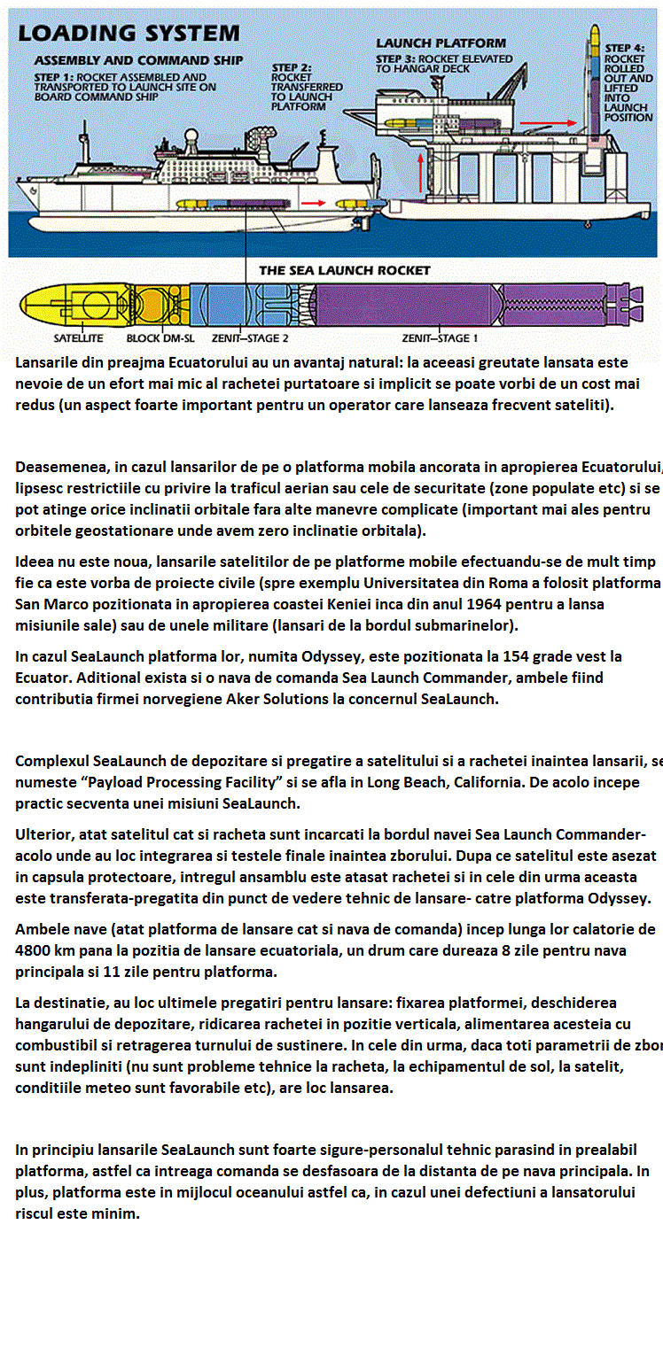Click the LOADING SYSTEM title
click(129, 34)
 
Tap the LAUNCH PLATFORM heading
click(441, 43)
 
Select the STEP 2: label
click(292, 67)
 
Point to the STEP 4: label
click(626, 47)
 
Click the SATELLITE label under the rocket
click(78, 337)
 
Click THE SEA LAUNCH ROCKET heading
click(344, 270)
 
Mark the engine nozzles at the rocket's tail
click(631, 305)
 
